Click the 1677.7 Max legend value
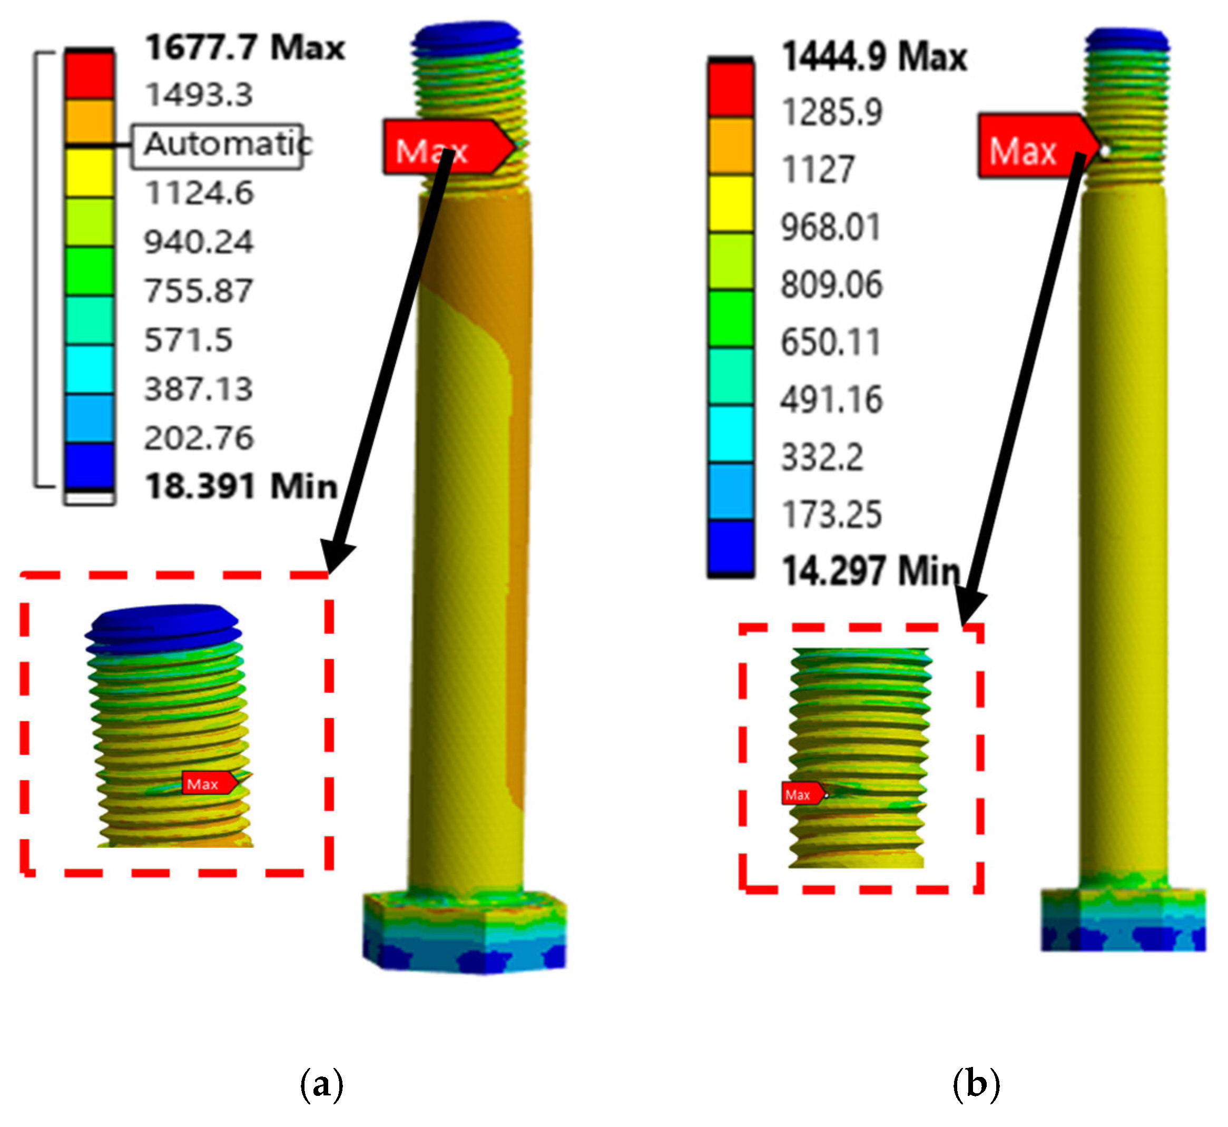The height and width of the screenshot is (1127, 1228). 244,47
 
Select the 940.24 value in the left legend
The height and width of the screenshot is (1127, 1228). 199,242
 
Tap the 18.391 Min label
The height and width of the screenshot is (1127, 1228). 241,487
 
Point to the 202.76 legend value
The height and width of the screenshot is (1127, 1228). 199,438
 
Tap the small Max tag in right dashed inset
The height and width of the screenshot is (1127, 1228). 802,794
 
